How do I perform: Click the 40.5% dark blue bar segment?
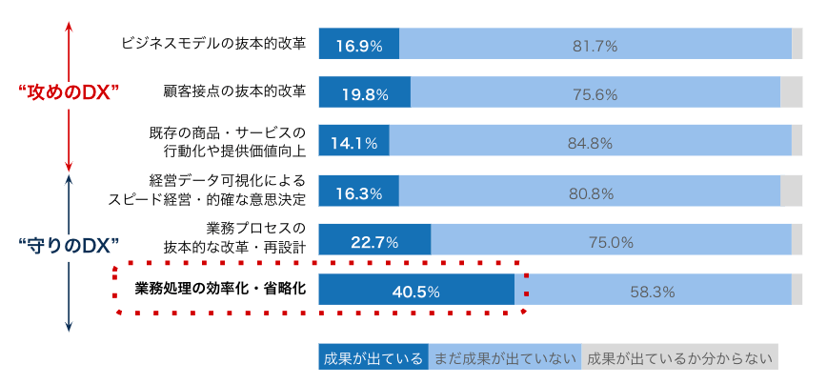[x=416, y=290]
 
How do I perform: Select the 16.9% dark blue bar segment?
[x=358, y=44]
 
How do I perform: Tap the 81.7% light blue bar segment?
[x=595, y=44]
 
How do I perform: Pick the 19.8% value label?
[x=364, y=93]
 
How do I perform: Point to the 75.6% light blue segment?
[x=595, y=93]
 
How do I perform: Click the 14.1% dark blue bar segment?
[x=353, y=143]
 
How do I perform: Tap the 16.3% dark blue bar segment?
[x=358, y=192]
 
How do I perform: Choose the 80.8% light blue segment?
[x=591, y=192]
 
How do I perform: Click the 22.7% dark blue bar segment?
[x=374, y=241]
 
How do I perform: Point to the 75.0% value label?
[x=611, y=242]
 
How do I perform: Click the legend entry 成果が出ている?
[x=373, y=358]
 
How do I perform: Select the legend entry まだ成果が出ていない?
[x=505, y=358]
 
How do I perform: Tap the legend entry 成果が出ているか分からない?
[x=679, y=358]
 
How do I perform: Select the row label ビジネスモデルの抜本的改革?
[x=213, y=44]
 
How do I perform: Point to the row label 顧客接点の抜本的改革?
[x=234, y=92]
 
